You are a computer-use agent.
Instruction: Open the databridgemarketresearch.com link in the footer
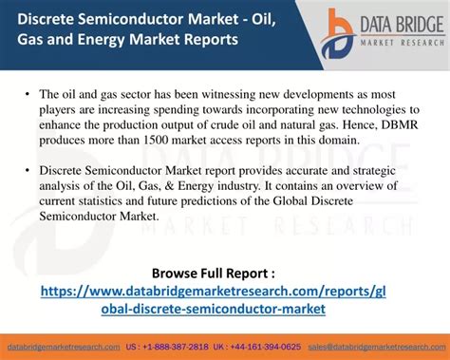[64, 347]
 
